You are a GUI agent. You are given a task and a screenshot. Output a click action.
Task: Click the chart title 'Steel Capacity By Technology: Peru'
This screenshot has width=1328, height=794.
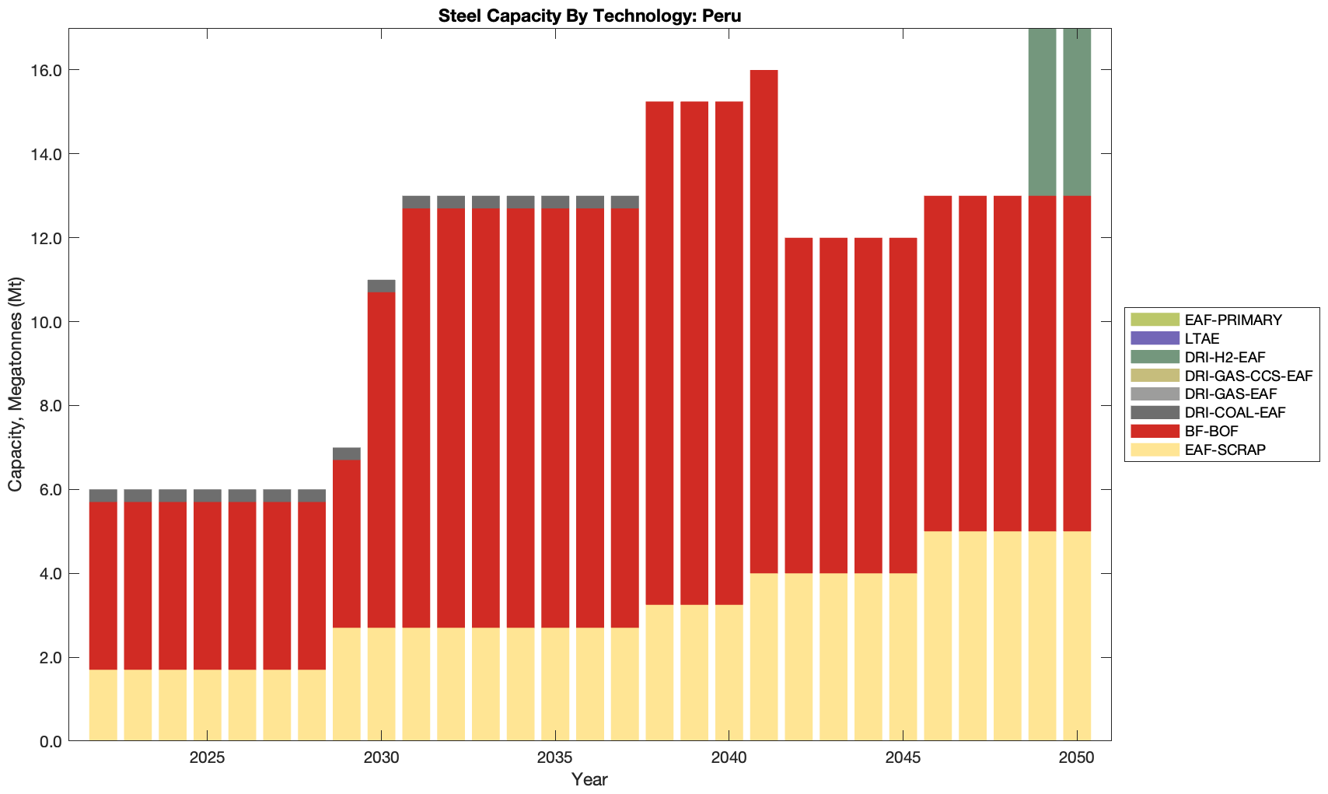pyautogui.click(x=589, y=16)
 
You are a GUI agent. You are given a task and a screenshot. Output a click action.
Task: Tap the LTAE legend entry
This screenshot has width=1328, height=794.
pyautogui.click(x=1202, y=338)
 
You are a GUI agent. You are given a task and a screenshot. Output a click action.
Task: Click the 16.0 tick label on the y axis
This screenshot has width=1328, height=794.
pyautogui.click(x=45, y=71)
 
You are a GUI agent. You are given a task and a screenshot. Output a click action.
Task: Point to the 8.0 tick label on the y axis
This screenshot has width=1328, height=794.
pyautogui.click(x=48, y=406)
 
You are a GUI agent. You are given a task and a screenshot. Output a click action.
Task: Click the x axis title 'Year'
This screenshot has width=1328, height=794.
pyautogui.click(x=589, y=779)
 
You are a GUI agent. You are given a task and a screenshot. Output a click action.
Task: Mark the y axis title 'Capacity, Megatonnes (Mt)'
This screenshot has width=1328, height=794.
pyautogui.click(x=16, y=384)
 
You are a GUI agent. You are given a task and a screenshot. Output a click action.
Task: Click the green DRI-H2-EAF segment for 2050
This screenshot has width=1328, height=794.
pyautogui.click(x=1077, y=112)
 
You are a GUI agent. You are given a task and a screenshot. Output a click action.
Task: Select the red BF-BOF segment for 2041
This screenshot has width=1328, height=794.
pyautogui.click(x=764, y=321)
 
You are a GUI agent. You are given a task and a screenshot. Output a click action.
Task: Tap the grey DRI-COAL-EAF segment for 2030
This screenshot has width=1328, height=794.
pyautogui.click(x=381, y=285)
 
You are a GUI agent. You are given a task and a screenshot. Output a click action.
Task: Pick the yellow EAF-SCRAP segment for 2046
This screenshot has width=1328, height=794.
pyautogui.click(x=938, y=635)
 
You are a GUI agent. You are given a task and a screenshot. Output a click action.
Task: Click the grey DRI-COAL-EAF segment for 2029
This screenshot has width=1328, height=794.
pyautogui.click(x=346, y=453)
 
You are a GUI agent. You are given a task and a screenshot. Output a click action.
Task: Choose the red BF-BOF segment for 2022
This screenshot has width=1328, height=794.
pyautogui.click(x=103, y=585)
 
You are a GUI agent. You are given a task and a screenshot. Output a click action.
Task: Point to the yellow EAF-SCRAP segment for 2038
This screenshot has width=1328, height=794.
pyautogui.click(x=659, y=672)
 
